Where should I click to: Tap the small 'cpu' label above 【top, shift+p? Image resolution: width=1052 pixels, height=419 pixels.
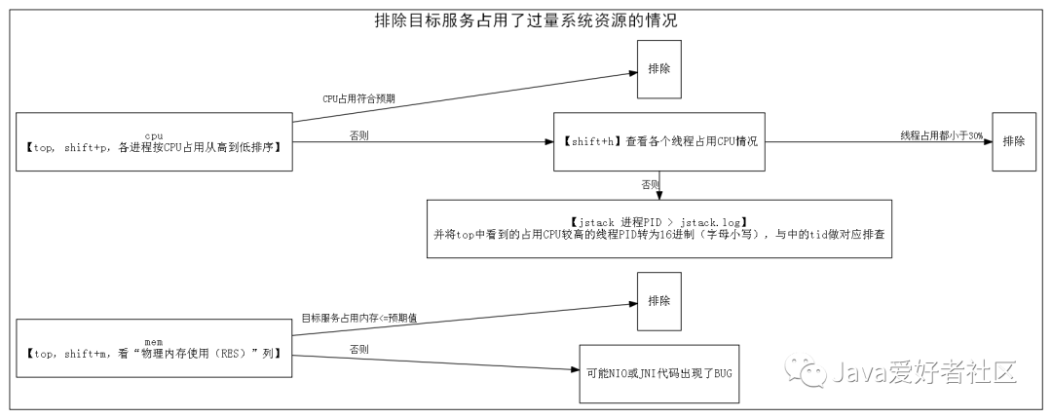pos(154,134)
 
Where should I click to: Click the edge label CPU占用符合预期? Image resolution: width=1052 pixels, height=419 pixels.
pos(358,99)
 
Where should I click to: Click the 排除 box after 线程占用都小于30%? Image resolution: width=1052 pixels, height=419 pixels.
pos(1013,141)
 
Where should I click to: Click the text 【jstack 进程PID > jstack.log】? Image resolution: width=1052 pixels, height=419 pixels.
pos(659,222)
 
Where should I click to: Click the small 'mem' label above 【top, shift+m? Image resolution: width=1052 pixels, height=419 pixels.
pos(153,341)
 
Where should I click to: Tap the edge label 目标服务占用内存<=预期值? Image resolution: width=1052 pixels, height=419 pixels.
pos(358,318)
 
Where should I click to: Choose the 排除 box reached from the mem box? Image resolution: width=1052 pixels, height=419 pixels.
pos(658,301)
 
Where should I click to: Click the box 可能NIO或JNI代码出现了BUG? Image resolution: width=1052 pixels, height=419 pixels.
pos(659,373)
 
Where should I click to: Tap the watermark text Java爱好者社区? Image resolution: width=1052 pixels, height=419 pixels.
pos(924,371)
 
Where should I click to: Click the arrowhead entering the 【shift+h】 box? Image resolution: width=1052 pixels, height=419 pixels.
pos(547,142)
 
